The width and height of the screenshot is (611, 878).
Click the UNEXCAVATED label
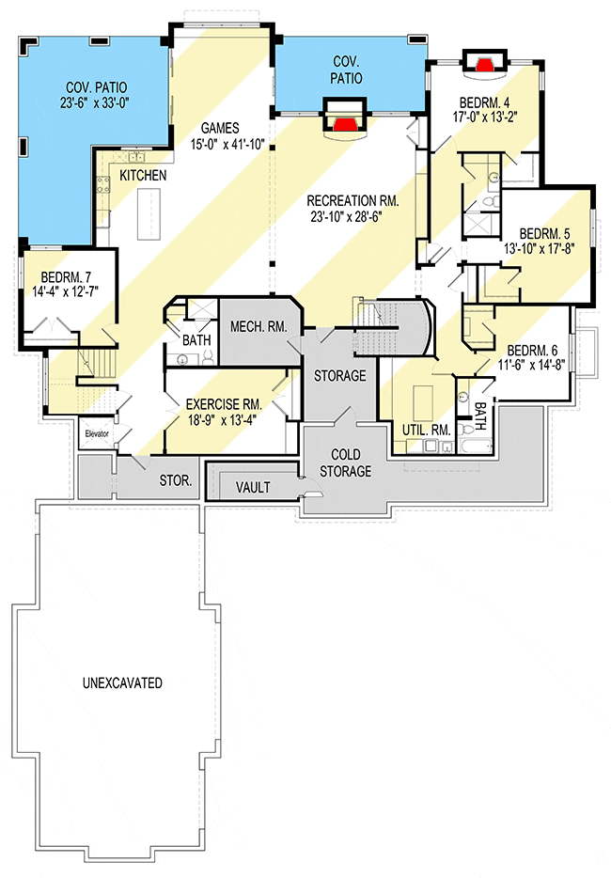[121, 682]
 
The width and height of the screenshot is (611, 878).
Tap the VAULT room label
[254, 488]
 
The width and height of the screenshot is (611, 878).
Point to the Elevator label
[98, 434]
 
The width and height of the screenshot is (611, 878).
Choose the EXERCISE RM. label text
[223, 403]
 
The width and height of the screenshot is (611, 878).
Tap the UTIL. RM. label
[427, 430]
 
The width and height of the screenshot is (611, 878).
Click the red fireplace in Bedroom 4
[485, 65]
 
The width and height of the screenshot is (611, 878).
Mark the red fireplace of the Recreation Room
[346, 123]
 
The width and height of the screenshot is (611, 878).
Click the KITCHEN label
[144, 176]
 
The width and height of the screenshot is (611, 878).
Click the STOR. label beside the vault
[175, 480]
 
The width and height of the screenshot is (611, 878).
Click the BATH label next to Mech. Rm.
[196, 338]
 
